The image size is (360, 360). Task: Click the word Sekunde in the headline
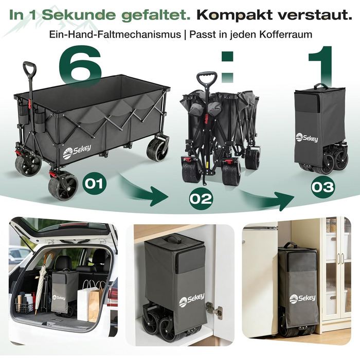point(79,15)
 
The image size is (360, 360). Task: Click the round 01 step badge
point(95,183)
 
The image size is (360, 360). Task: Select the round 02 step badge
point(201,199)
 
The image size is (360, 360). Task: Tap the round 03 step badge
point(323,187)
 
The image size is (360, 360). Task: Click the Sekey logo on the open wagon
point(77,151)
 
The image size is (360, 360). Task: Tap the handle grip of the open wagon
point(30,69)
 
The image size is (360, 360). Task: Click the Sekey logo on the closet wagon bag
point(192,300)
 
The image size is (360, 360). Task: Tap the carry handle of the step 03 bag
point(321,86)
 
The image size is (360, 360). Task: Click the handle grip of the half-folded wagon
point(207,79)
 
